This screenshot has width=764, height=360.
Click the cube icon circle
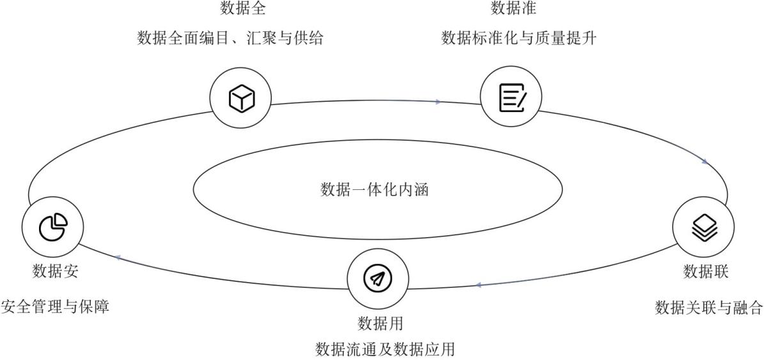pyautogui.click(x=242, y=98)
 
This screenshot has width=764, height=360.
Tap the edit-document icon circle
pyautogui.click(x=511, y=98)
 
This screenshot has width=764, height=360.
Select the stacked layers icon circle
pyautogui.click(x=705, y=226)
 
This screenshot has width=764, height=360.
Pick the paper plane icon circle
pyautogui.click(x=378, y=278)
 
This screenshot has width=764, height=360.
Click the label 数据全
pyautogui.click(x=243, y=8)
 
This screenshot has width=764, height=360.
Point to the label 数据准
pyautogui.click(x=513, y=8)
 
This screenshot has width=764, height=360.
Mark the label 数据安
pyautogui.click(x=56, y=271)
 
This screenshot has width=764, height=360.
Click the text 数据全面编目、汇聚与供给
pyautogui.click(x=230, y=39)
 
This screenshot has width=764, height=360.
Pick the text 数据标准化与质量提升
pyautogui.click(x=518, y=39)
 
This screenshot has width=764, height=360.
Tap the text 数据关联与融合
pyautogui.click(x=709, y=308)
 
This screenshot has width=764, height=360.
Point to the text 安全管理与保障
pyautogui.click(x=55, y=307)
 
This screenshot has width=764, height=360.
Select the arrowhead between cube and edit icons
pyautogui.click(x=438, y=102)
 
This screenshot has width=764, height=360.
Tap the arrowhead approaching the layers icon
pyautogui.click(x=705, y=161)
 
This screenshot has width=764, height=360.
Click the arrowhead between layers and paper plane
pyautogui.click(x=478, y=285)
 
